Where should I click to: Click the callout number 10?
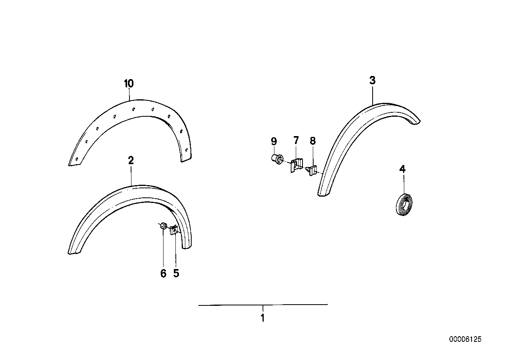[x=129, y=84]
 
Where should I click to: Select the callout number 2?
[x=131, y=160]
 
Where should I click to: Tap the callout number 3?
[x=372, y=81]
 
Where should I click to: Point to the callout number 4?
[x=402, y=169]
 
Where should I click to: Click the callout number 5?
[x=176, y=273]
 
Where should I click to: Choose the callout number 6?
[x=163, y=273]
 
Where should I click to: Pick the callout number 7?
[x=296, y=140]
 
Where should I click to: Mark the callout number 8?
[x=312, y=140]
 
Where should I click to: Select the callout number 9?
[x=273, y=141]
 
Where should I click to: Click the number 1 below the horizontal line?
[x=262, y=318]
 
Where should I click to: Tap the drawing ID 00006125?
[x=465, y=339]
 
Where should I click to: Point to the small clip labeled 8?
[x=312, y=171]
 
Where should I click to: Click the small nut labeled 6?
[x=162, y=226]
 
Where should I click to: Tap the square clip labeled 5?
[x=174, y=230]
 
